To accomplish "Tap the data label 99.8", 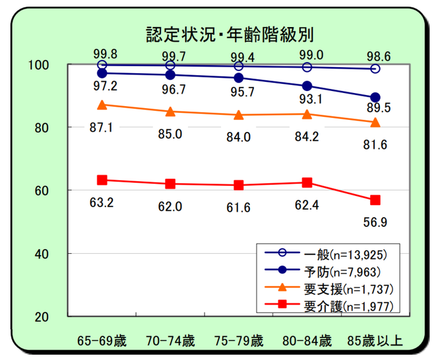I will pos(102,53).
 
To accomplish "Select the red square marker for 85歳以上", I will pos(375,200).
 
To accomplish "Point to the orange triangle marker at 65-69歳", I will pos(102,105).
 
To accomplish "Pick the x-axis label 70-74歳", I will pos(170,342).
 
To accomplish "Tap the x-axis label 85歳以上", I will pos(375,342).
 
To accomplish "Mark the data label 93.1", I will pos(307,100).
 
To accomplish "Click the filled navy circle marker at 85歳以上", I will pos(375,98).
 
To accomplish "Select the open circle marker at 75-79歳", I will pos(239,66).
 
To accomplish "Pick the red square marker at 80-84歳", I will pos(307,183).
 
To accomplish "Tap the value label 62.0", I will pos(170,206).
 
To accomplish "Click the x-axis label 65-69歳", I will pos(102,342).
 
